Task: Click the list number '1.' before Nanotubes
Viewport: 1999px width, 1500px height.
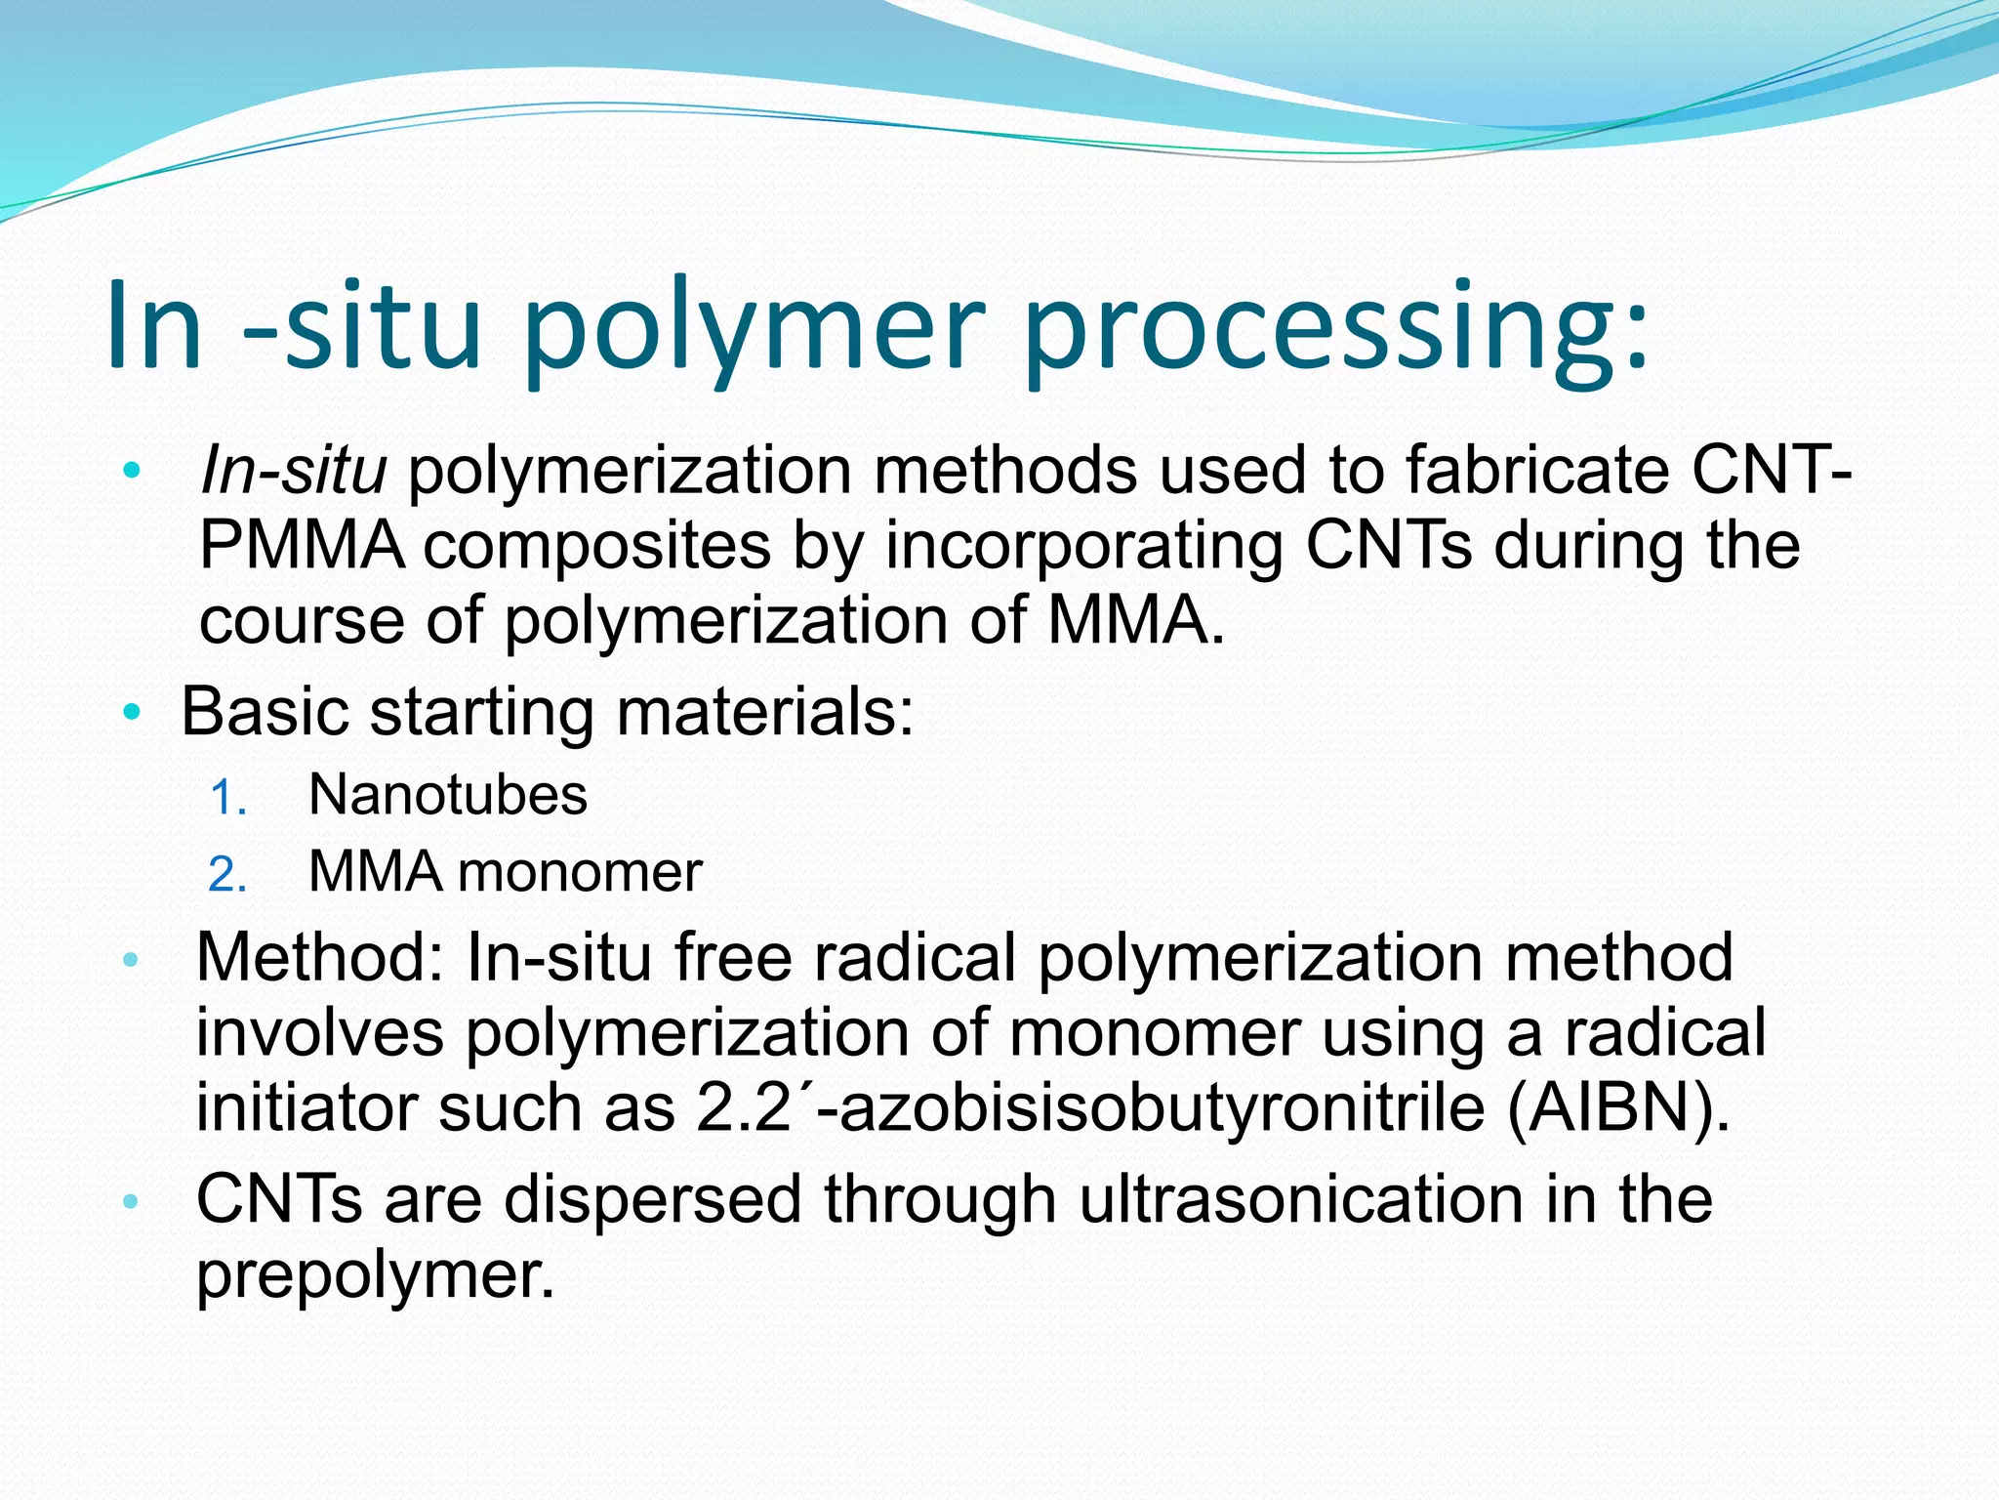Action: point(228,799)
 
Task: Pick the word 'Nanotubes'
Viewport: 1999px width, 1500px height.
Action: point(448,795)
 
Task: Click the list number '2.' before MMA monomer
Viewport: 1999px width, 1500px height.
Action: point(227,875)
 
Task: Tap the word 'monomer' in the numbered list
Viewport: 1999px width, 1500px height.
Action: point(580,872)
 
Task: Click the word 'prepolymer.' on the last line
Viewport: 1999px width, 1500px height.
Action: point(375,1273)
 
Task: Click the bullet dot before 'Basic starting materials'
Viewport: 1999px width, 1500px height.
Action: point(132,713)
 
